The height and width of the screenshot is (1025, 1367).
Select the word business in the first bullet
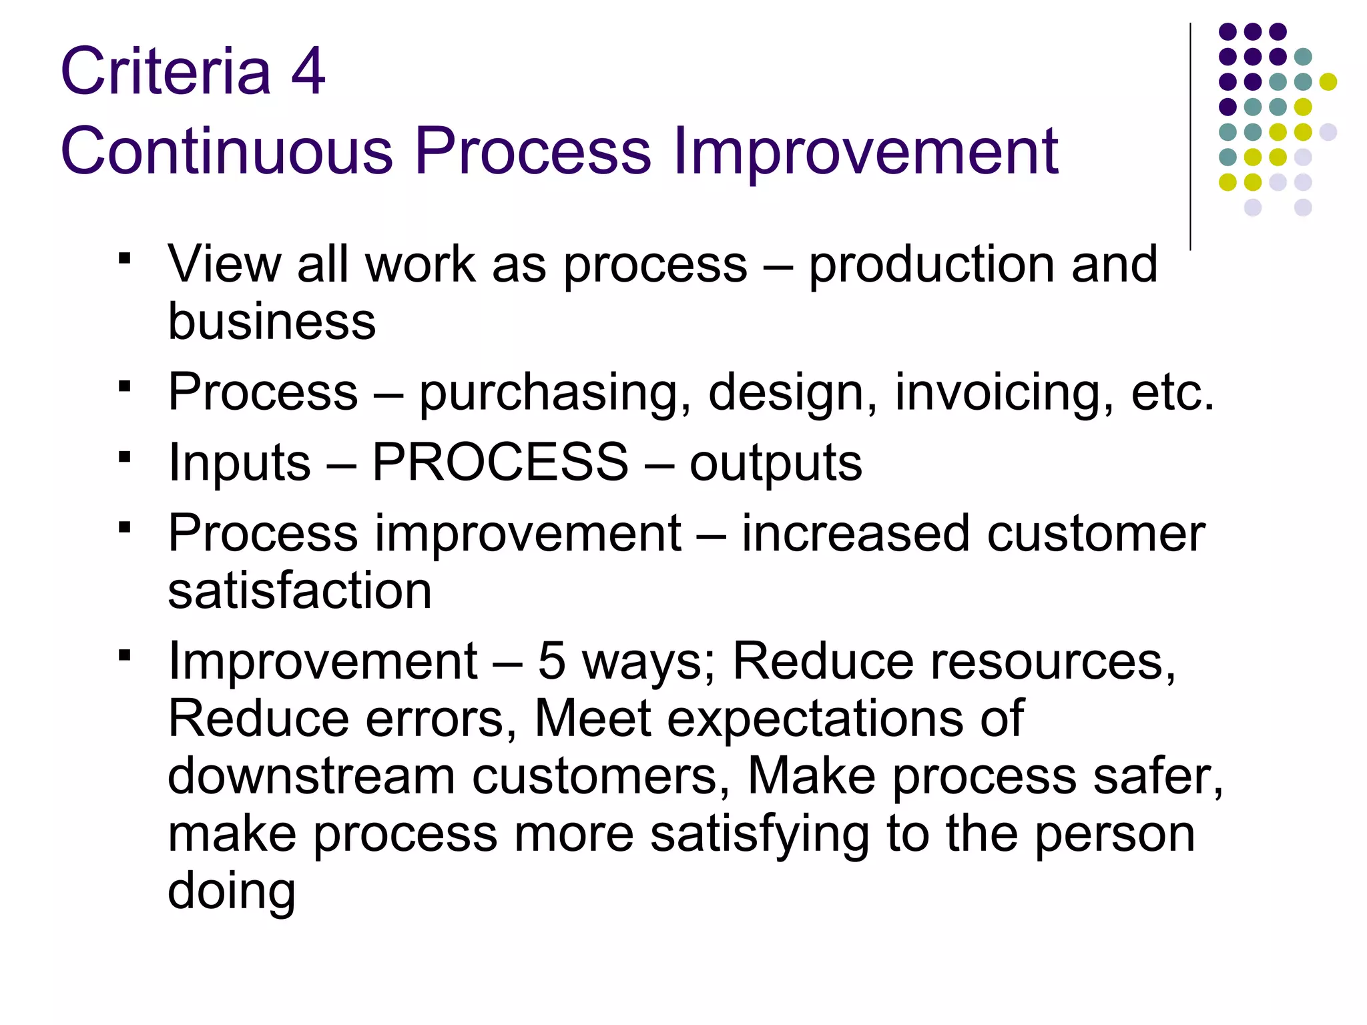click(272, 322)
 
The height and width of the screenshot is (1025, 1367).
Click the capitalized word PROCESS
click(500, 462)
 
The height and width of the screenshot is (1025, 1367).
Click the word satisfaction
click(300, 591)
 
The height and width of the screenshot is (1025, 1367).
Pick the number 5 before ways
click(551, 661)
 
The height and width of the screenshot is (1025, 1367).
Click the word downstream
click(311, 776)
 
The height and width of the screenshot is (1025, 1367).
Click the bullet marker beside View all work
click(124, 258)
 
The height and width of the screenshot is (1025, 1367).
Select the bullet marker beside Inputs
click(124, 457)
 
